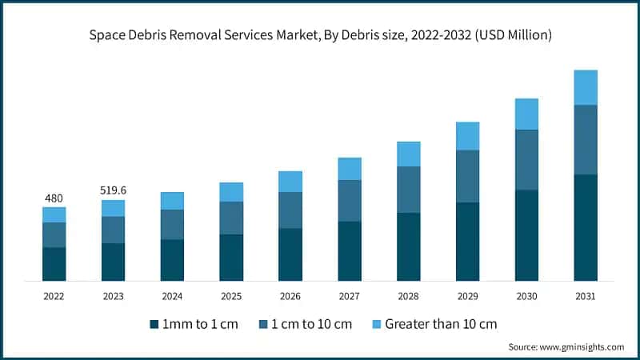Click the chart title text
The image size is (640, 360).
(320, 36)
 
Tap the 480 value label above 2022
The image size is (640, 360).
(54, 198)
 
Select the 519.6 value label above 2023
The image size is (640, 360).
(113, 190)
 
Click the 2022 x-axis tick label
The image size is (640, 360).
(54, 296)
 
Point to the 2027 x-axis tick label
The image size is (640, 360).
(349, 296)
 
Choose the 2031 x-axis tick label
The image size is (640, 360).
(586, 296)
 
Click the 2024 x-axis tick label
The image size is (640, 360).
(172, 296)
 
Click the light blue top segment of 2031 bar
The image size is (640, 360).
(586, 87)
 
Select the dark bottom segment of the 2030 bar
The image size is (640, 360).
(526, 235)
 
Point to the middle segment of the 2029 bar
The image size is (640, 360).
(467, 176)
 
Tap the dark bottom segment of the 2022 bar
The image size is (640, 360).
(54, 264)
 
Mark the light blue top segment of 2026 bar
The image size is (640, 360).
(290, 182)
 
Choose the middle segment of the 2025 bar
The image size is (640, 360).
(231, 218)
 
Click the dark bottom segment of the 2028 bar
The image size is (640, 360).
(408, 246)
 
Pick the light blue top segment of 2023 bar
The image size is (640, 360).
(113, 208)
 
